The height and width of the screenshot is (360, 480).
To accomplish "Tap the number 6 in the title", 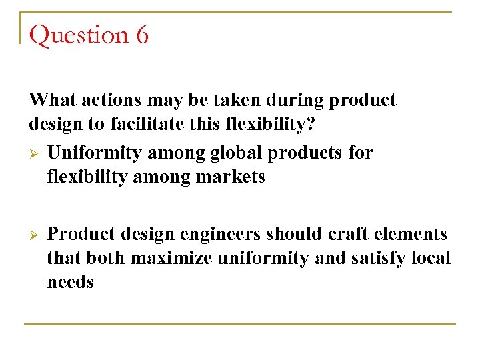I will pos(142,35).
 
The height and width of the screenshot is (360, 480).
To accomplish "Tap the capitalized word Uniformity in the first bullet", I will pos(95,153).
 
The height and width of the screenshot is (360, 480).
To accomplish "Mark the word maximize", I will pos(173,258).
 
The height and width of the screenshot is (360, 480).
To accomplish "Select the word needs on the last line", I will pos(70,282).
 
